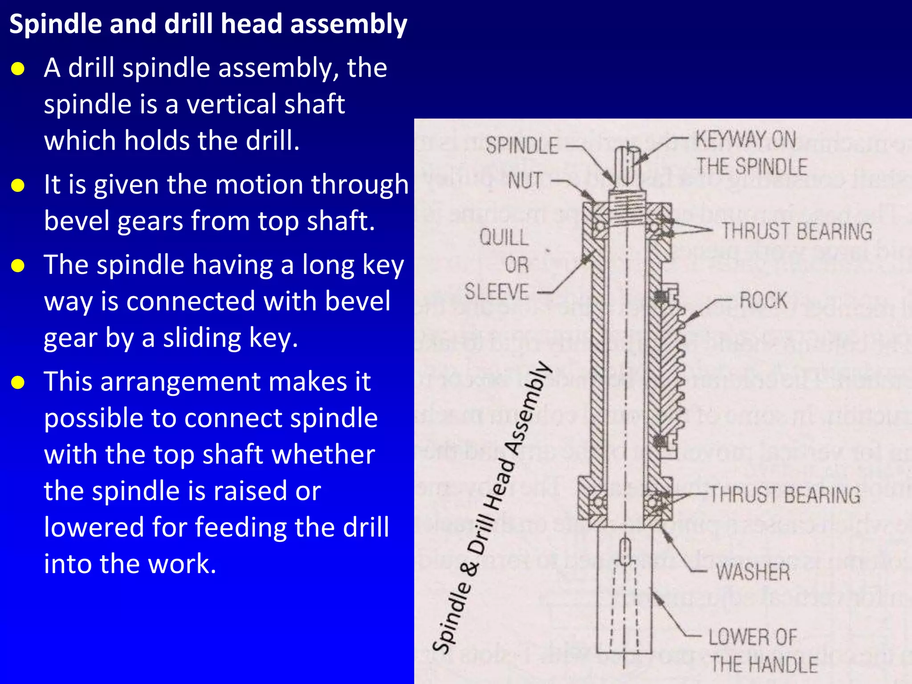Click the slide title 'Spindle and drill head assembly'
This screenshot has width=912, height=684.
(208, 24)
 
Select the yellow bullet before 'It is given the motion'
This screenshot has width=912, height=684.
(18, 185)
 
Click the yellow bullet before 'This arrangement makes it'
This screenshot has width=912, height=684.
(18, 383)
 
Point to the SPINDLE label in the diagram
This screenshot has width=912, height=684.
(521, 146)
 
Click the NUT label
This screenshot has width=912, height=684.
(525, 181)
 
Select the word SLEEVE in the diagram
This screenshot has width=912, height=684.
(497, 292)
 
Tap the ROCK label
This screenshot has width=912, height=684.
(763, 300)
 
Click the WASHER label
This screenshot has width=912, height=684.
(753, 572)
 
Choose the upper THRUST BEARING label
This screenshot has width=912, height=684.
(796, 232)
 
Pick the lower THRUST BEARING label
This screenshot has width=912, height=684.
(784, 495)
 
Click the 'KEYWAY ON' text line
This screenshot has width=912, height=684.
(745, 139)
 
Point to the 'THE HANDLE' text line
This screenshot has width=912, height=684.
(764, 664)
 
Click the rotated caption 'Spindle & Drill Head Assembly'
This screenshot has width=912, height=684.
(492, 508)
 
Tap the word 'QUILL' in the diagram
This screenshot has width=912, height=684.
(504, 237)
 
